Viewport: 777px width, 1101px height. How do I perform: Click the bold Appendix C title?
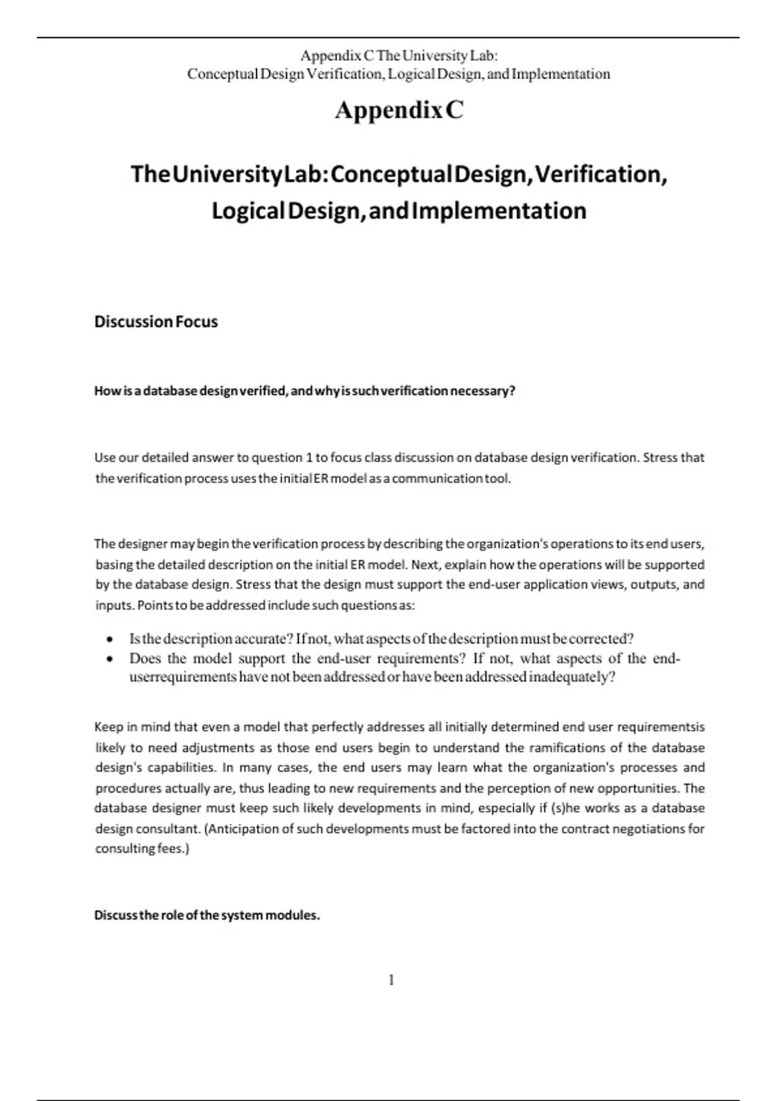[399, 110]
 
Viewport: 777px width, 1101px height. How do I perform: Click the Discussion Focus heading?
[156, 322]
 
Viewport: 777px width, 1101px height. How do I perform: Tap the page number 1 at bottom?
[391, 980]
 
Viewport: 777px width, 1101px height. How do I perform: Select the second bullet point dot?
[111, 659]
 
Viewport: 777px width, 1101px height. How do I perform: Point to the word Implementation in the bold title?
[499, 211]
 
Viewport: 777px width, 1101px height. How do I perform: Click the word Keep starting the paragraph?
[108, 727]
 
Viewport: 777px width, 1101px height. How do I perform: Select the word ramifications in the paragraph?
[567, 748]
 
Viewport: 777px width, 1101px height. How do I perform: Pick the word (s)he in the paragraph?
[566, 808]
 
